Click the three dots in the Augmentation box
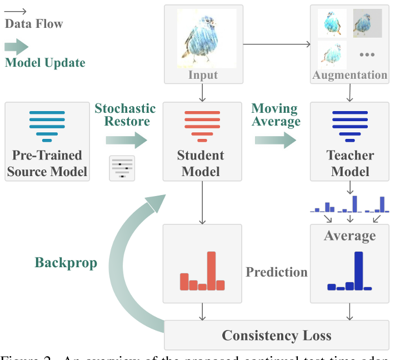coord(367,54)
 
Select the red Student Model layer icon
coord(202,126)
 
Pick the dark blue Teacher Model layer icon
coord(350,126)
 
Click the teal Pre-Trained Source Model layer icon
coord(47,126)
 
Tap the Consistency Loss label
coord(276,336)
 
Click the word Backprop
coord(66,262)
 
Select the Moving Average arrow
coord(276,140)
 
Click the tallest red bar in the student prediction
coord(211,271)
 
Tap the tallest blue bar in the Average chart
coord(358,271)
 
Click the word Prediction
coord(277,272)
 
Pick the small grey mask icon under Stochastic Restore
coord(122,168)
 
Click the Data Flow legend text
coord(34,24)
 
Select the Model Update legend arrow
coord(16,47)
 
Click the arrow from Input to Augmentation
coord(276,44)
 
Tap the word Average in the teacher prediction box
coord(349,236)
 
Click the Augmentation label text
coord(349,74)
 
